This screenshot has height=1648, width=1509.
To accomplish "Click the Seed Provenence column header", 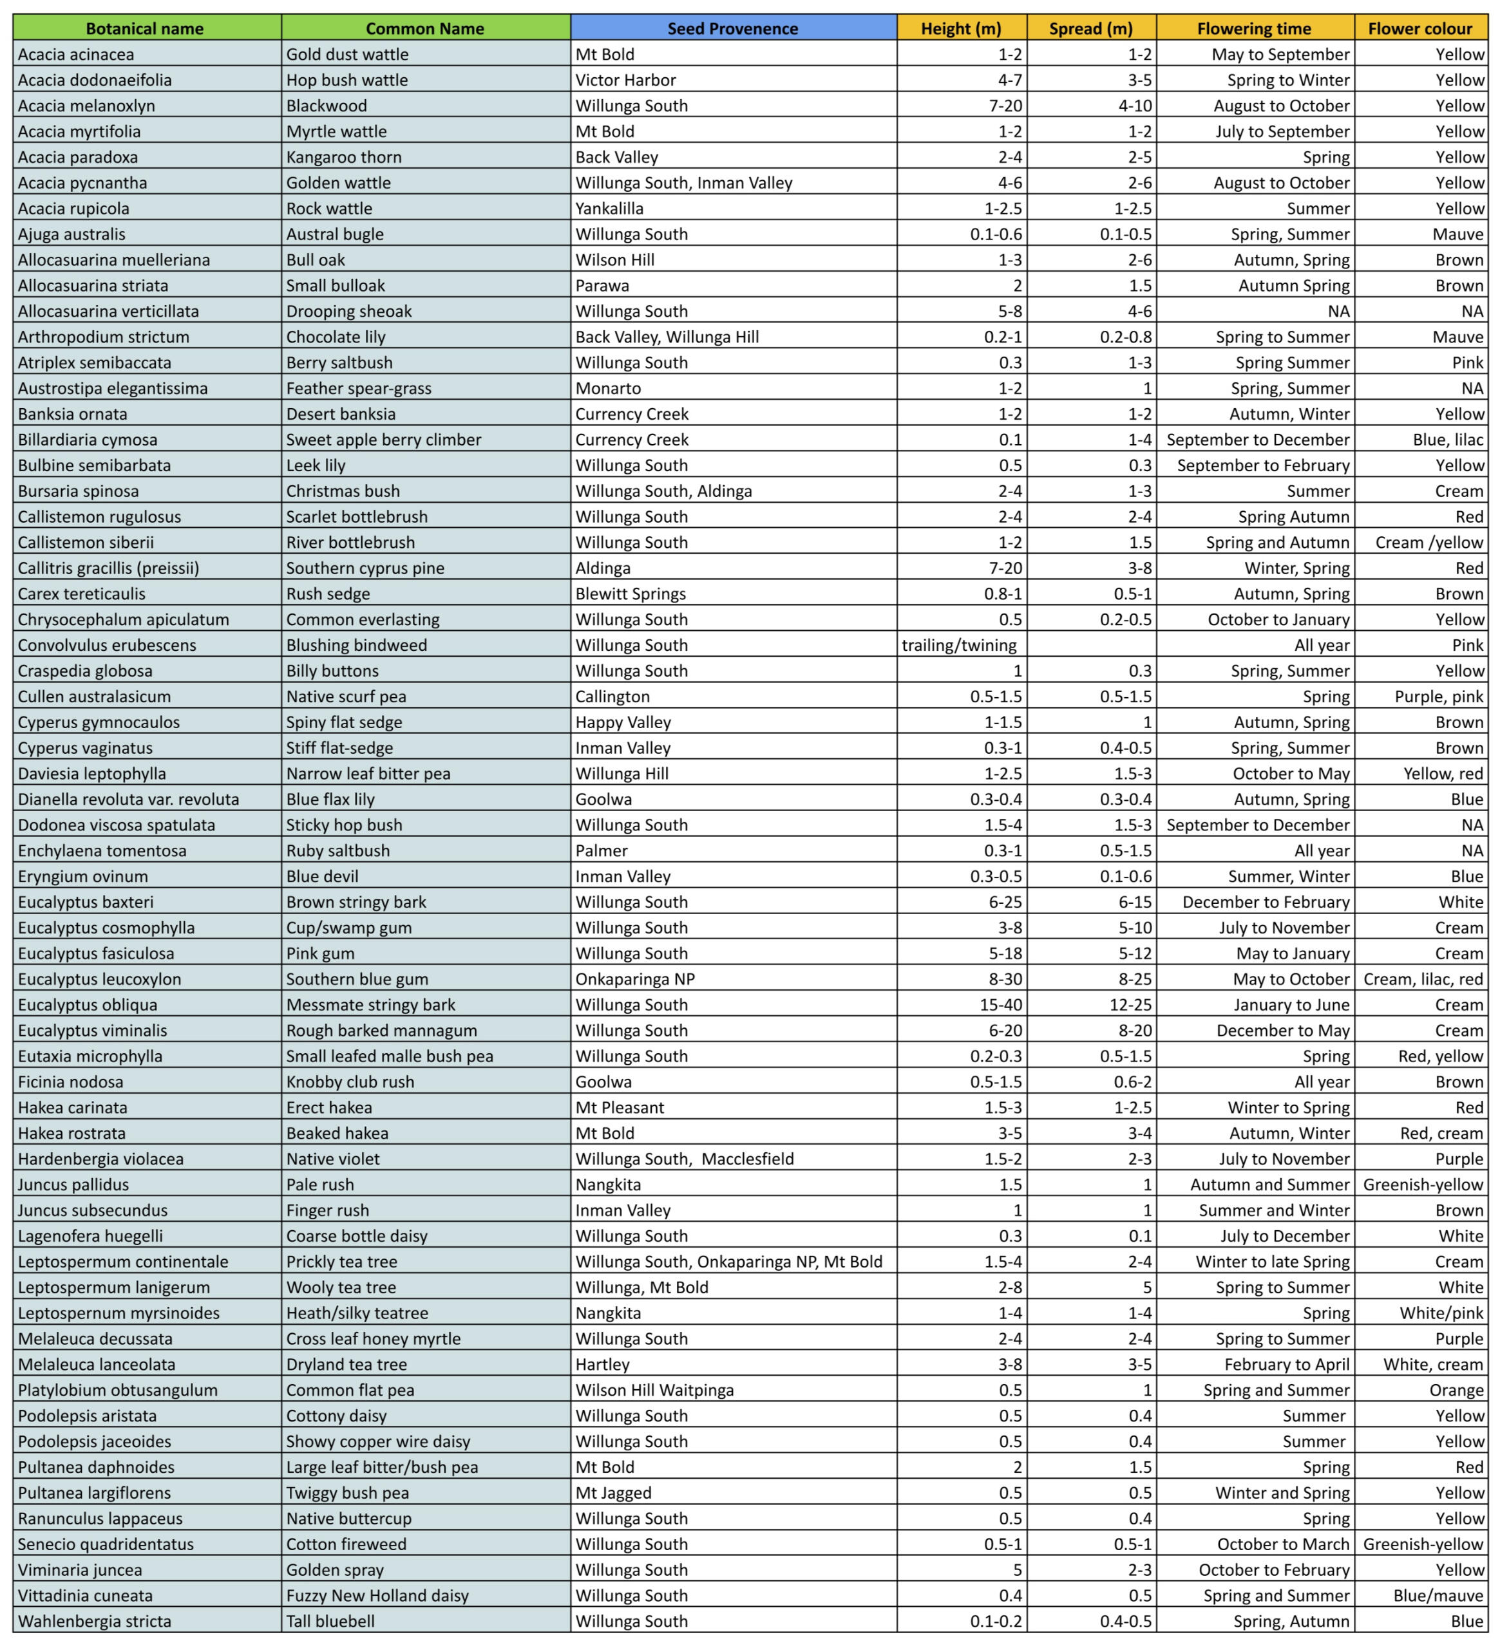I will [x=732, y=28].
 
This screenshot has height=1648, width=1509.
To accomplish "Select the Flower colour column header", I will [x=1420, y=28].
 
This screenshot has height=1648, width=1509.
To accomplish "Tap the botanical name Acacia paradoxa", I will [x=78, y=157].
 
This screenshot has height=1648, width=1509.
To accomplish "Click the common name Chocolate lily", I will [x=336, y=337].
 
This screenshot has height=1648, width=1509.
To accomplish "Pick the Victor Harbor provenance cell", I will [x=625, y=80].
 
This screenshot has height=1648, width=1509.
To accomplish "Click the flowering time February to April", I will [x=1287, y=1364].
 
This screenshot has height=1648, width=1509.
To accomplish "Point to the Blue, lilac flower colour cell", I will [x=1448, y=440].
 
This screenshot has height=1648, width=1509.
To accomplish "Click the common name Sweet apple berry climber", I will [x=384, y=440].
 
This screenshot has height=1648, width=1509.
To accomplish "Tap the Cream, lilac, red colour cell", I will [x=1422, y=979].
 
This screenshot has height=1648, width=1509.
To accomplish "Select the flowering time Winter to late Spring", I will [x=1272, y=1261].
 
